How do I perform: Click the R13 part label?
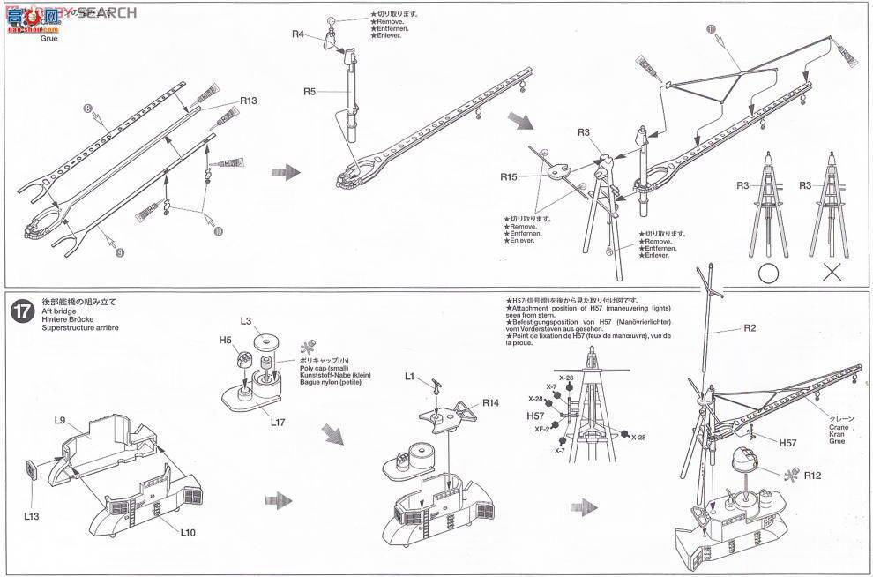248,101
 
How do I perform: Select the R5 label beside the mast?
310,91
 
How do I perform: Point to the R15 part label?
508,176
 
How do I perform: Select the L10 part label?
189,532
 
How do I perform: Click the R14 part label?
491,402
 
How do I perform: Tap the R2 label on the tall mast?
750,328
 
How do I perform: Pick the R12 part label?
812,476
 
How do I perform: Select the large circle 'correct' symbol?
768,272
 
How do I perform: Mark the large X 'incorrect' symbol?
832,272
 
